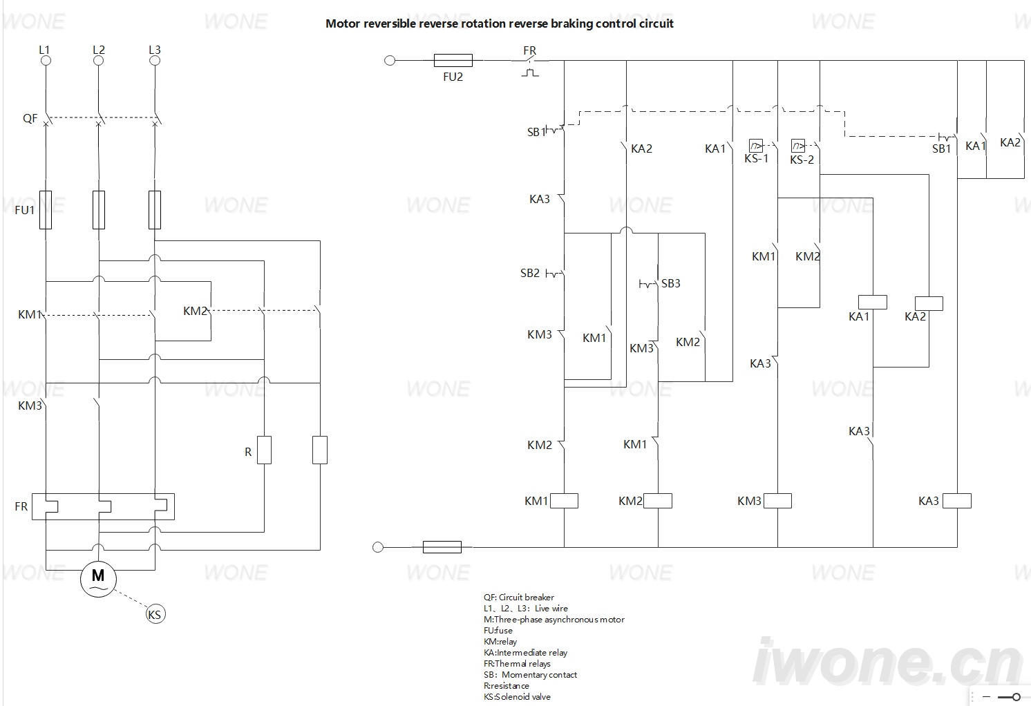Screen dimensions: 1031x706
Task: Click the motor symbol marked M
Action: coord(98,579)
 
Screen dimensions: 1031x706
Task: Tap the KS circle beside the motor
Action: coord(155,614)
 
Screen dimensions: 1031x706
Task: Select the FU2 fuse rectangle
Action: coord(453,60)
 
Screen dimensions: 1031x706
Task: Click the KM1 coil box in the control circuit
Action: coord(565,501)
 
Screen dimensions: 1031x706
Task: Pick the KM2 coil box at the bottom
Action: coord(658,501)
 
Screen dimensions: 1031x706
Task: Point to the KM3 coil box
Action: coord(777,501)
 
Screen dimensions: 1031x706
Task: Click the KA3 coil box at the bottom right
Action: coord(957,501)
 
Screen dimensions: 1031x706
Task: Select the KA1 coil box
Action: coord(873,302)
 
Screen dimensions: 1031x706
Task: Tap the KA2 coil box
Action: coord(929,303)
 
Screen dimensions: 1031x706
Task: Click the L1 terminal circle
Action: coord(46,60)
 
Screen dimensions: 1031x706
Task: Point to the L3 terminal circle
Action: coord(155,60)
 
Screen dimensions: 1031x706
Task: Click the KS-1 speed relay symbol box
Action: coord(756,146)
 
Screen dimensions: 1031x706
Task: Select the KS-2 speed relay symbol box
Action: coord(798,146)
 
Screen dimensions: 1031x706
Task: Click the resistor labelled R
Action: coord(264,450)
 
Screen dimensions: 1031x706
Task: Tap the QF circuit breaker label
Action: coord(30,118)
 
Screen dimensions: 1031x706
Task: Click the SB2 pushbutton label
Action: coord(530,273)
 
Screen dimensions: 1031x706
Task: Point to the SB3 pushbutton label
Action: coord(670,283)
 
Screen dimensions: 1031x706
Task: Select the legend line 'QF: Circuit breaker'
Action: coord(519,598)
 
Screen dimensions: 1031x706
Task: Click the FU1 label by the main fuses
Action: coord(25,210)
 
